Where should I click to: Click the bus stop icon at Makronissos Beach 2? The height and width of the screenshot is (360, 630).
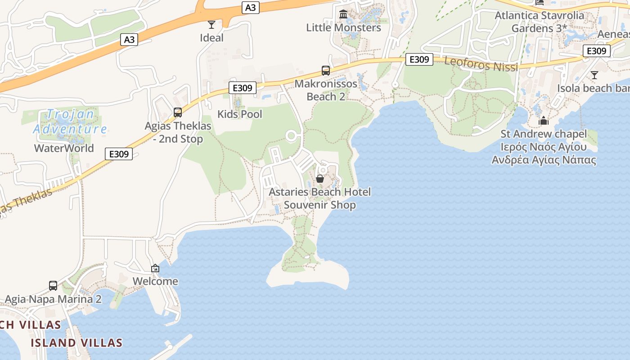tap(326, 71)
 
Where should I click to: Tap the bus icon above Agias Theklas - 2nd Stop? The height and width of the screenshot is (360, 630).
tap(178, 112)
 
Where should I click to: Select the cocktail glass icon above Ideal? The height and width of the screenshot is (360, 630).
tap(211, 24)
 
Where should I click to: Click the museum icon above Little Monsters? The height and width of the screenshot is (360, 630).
tap(344, 14)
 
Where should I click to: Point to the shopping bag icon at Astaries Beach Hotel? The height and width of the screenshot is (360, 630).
tap(320, 179)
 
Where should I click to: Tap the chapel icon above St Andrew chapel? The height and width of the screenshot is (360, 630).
tap(544, 121)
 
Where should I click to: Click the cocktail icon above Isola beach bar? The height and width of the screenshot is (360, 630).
tap(594, 75)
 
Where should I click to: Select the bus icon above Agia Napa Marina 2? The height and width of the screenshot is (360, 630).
tap(53, 286)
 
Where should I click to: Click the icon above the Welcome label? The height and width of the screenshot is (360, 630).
tap(155, 268)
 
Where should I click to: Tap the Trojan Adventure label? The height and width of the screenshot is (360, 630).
tap(70, 121)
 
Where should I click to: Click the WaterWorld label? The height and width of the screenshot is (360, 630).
tap(64, 148)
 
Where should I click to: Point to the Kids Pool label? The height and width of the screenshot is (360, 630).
tap(239, 114)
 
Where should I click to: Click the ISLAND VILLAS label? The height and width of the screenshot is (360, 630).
tap(76, 343)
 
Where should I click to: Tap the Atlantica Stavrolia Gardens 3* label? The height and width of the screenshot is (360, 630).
tap(539, 22)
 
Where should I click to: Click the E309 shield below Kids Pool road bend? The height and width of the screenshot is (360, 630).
tap(243, 88)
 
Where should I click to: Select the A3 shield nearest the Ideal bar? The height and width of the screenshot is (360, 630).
tap(251, 7)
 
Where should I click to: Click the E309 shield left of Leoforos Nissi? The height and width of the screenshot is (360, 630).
tap(419, 59)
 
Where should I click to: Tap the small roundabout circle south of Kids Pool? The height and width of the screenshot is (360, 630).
tap(291, 135)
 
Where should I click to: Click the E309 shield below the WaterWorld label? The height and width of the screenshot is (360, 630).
tap(119, 154)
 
